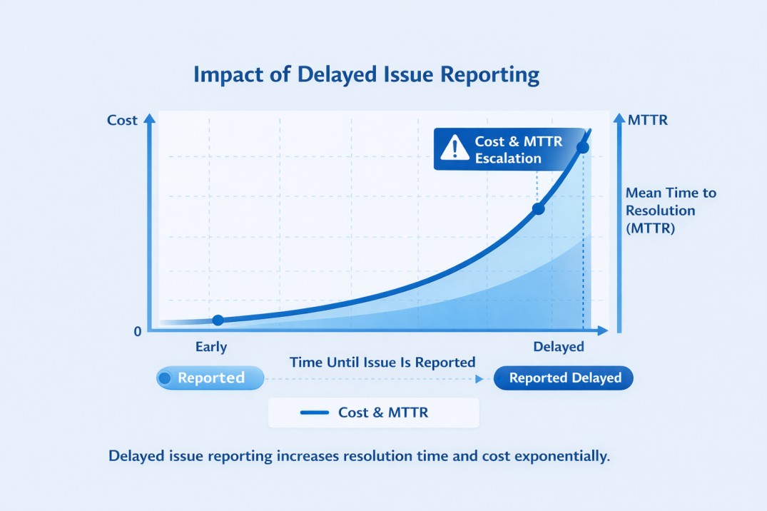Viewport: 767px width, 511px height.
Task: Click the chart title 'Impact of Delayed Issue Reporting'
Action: click(x=366, y=75)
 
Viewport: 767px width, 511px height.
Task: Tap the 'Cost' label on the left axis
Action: click(x=122, y=120)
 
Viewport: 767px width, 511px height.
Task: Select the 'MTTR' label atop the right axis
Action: click(x=648, y=120)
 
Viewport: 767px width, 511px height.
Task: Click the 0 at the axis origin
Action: click(x=137, y=332)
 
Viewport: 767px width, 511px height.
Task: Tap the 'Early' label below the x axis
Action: click(x=211, y=348)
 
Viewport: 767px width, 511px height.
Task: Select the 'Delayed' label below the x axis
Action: click(x=559, y=348)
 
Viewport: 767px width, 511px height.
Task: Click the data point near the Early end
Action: click(x=218, y=320)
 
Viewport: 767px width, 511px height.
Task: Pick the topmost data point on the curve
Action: click(x=582, y=148)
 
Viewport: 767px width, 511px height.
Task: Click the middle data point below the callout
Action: click(x=539, y=209)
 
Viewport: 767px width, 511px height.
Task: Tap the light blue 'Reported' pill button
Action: click(x=210, y=378)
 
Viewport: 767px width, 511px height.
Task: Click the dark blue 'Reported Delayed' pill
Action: click(x=564, y=378)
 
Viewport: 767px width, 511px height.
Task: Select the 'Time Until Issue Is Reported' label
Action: click(x=382, y=363)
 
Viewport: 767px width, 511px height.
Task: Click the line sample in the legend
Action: click(x=315, y=413)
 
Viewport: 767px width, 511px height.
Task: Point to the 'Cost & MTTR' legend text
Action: click(x=383, y=413)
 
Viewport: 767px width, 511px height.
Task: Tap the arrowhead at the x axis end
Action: click(x=602, y=330)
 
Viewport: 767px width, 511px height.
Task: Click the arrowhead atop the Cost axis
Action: click(x=150, y=119)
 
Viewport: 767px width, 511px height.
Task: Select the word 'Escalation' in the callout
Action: click(x=508, y=158)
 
